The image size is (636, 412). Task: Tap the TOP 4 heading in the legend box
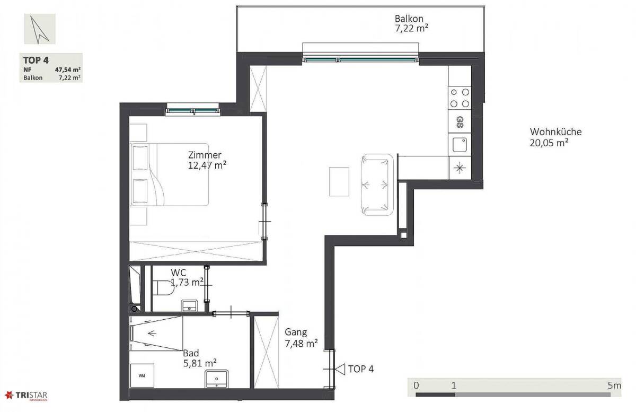[x=36, y=60]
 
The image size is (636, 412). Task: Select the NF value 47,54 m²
[x=68, y=69]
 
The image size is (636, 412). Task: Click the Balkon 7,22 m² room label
[x=411, y=23]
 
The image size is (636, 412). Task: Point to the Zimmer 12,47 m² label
[x=207, y=160]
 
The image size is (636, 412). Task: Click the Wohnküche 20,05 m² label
[x=555, y=137]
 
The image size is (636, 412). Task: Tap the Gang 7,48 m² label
[x=301, y=338]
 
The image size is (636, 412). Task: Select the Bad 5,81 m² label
[x=200, y=358]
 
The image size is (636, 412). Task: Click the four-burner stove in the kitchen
[x=460, y=98]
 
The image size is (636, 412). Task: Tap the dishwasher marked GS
[x=460, y=121]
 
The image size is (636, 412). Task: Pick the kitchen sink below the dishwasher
[x=460, y=144]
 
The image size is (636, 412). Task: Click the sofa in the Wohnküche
[x=377, y=185]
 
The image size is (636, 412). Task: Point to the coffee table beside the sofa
[x=339, y=181]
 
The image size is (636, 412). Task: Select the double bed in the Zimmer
[x=170, y=174]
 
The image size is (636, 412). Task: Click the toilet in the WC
[x=163, y=288]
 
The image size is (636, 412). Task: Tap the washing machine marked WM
[x=142, y=375]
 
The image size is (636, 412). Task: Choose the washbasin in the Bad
[x=217, y=379]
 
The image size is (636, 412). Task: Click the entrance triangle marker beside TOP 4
[x=340, y=369]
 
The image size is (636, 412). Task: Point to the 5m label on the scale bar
[x=614, y=385]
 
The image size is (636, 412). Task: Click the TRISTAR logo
[x=26, y=396]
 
